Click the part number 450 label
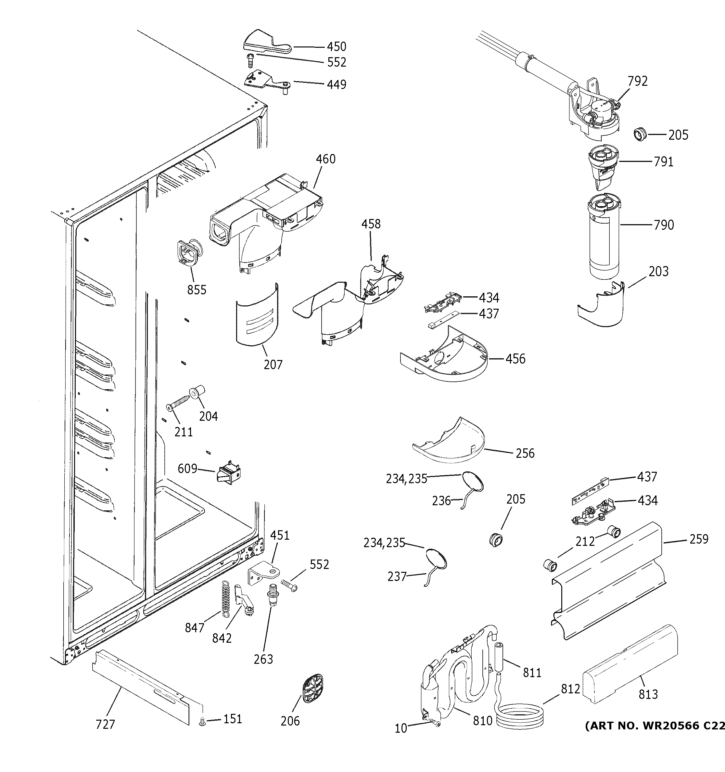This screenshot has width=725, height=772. pyautogui.click(x=336, y=46)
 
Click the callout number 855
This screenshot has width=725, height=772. pyautogui.click(x=197, y=290)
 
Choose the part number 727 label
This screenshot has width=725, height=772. pyautogui.click(x=105, y=724)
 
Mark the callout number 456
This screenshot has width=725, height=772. pyautogui.click(x=515, y=359)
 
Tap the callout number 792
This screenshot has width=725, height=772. pyautogui.click(x=638, y=81)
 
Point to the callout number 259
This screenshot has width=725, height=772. pyautogui.click(x=699, y=539)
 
